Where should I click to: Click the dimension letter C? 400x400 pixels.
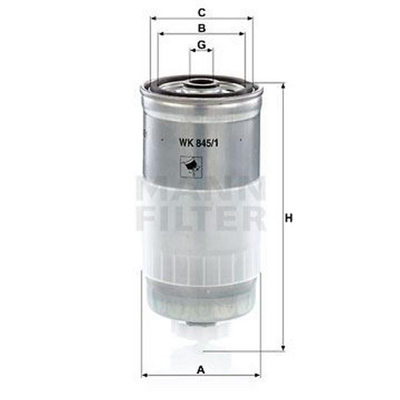tap(202, 12)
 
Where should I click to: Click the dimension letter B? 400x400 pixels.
tap(202, 28)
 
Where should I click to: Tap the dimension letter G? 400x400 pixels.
tap(202, 45)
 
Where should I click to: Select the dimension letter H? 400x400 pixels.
tap(289, 218)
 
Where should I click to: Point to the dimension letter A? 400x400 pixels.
tap(201, 370)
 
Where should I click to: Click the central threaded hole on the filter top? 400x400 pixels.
tap(201, 82)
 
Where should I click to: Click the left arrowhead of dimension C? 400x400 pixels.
tap(154, 18)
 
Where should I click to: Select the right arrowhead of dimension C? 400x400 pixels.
tap(250, 18)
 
